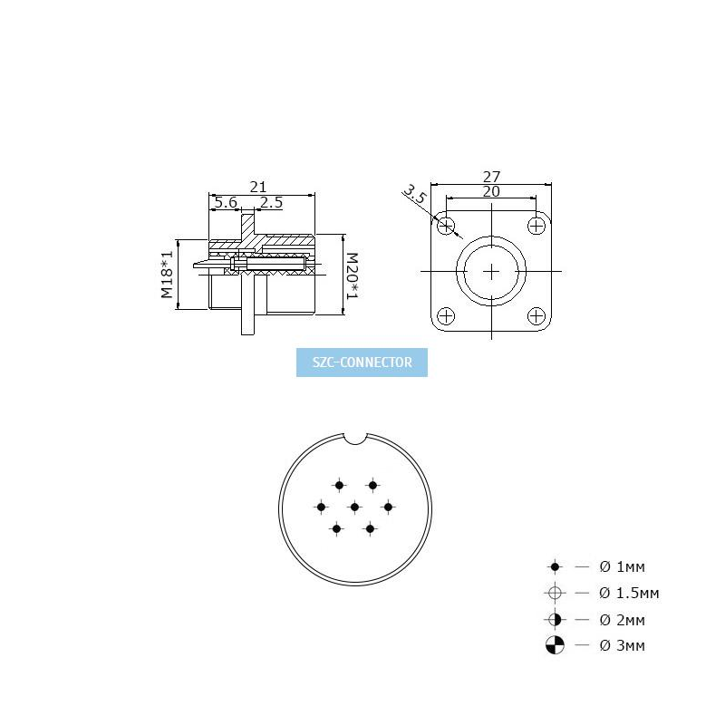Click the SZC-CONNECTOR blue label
362,362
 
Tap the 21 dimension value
258,187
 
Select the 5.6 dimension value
226,202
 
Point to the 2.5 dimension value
271,202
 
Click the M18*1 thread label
167,275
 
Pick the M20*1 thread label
352,275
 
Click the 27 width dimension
491,177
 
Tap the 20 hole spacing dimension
491,191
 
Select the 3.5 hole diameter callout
414,194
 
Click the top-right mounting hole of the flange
536,226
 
